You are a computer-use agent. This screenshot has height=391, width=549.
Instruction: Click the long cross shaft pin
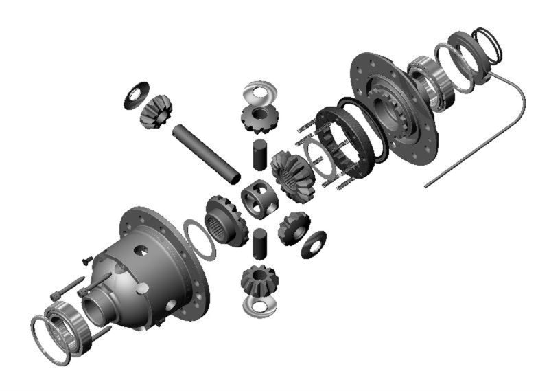[205, 149]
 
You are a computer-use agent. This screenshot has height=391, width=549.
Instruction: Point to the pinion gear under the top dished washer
[259, 118]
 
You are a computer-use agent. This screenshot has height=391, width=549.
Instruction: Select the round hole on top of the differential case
[142, 250]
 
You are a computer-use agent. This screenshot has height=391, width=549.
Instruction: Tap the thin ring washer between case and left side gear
[200, 238]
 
